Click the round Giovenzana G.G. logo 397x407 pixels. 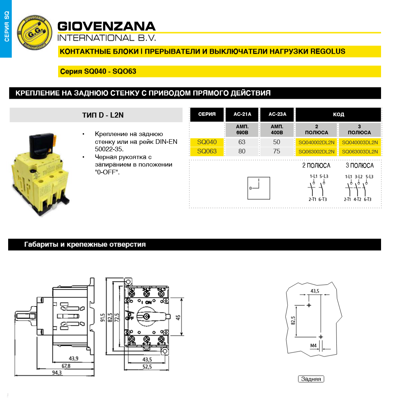[x=35, y=33]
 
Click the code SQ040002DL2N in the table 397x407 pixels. [x=316, y=142]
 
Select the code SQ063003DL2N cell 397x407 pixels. [x=360, y=152]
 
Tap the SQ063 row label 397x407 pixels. [x=207, y=151]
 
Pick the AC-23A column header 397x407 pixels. [x=277, y=114]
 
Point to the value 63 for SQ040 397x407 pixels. [x=242, y=142]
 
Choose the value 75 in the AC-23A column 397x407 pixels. [x=277, y=151]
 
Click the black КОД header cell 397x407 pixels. [x=338, y=114]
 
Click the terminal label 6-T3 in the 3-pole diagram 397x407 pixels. [x=368, y=200]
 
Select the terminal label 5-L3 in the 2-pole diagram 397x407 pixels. [x=324, y=177]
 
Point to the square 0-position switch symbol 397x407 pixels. [x=259, y=188]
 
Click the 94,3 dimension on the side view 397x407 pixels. [x=57, y=373]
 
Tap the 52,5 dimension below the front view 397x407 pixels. [x=147, y=367]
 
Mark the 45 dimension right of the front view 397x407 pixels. [x=178, y=317]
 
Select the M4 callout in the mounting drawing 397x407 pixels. [x=313, y=346]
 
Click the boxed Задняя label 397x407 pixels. [x=311, y=379]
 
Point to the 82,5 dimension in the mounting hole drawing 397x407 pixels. [x=293, y=321]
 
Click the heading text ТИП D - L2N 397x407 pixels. [x=103, y=115]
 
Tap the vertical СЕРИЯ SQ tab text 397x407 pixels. [x=6, y=27]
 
